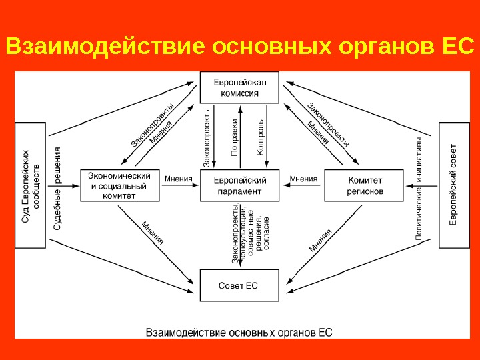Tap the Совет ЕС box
pyautogui.click(x=239, y=285)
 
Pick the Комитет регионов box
pyautogui.click(x=364, y=185)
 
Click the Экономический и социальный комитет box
pyautogui.click(x=120, y=185)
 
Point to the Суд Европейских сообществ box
pyautogui.click(x=30, y=185)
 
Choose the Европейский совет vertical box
pyautogui.click(x=454, y=185)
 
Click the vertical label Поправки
pyautogui.click(x=235, y=137)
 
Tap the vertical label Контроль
pyautogui.click(x=261, y=137)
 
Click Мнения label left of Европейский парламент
pyautogui.click(x=178, y=179)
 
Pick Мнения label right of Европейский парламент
pyautogui.click(x=303, y=179)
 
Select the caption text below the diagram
pyautogui.click(x=239, y=331)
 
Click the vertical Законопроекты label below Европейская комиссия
pyautogui.click(x=207, y=137)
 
